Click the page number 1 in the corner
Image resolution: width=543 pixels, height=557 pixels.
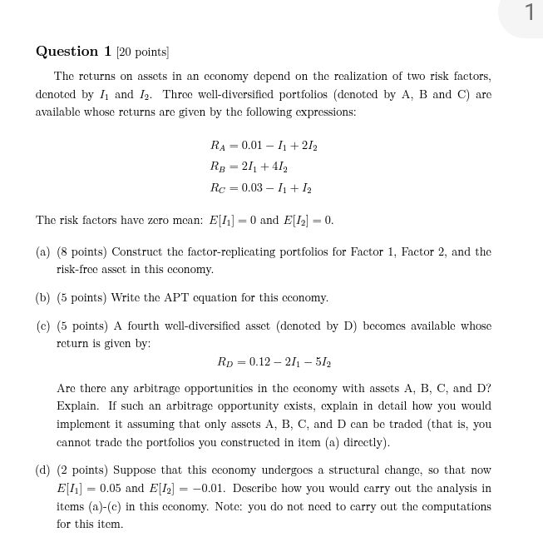tap(529, 13)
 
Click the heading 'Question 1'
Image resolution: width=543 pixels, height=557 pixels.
tap(73, 52)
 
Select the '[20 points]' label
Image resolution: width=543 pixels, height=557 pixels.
tap(143, 52)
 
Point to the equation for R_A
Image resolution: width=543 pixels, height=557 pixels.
tap(264, 146)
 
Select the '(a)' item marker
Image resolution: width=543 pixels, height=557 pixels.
tap(43, 251)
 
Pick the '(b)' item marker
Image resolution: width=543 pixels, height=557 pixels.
tap(43, 297)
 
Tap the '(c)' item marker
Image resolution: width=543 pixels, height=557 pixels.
tap(43, 326)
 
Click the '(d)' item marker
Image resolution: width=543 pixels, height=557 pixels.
tap(43, 470)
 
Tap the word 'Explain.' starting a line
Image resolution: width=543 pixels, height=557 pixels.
tap(79, 406)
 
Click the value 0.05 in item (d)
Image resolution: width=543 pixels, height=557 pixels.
tap(111, 489)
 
